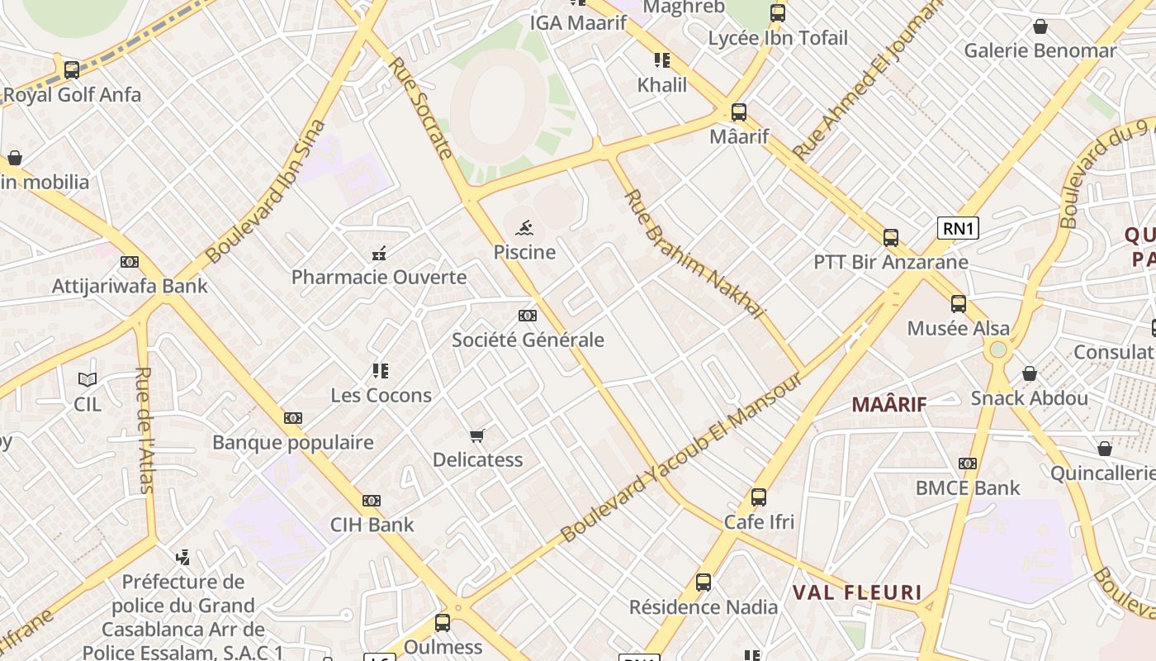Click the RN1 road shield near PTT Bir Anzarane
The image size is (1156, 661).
(958, 228)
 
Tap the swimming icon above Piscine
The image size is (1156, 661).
(524, 227)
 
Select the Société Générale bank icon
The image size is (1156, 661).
(528, 316)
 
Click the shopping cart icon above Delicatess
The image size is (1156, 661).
(476, 435)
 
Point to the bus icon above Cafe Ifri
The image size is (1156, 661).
(758, 497)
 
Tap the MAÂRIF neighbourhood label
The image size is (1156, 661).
(889, 404)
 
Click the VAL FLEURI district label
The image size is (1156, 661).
(857, 592)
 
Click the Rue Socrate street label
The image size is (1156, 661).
(421, 107)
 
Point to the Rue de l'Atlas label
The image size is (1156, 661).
(145, 430)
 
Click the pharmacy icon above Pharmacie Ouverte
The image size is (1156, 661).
(379, 253)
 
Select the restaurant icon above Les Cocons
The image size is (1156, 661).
(380, 370)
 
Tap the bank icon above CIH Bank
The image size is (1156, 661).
(372, 501)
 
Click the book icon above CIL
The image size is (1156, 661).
(88, 379)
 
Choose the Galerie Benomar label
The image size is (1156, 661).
(1040, 50)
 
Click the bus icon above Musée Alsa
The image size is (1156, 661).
(958, 304)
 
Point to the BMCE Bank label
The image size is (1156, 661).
(968, 487)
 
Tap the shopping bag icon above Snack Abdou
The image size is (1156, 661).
(1029, 374)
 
